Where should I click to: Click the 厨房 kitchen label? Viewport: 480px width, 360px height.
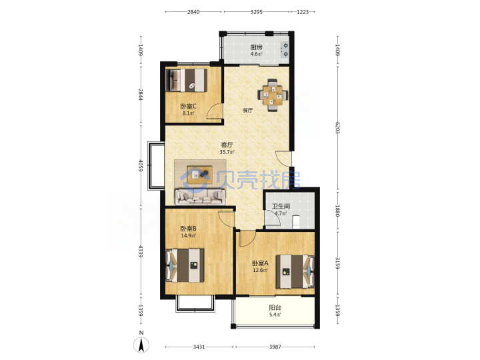[x=256, y=47]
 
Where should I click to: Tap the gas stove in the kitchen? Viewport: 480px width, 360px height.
[x=285, y=50]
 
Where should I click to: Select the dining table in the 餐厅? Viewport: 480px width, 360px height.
[x=273, y=95]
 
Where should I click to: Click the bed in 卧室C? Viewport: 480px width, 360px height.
[x=187, y=80]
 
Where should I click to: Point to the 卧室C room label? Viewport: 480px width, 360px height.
[x=188, y=107]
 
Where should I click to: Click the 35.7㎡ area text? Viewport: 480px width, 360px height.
[x=227, y=152]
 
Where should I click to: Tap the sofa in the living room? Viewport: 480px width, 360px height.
[x=199, y=197]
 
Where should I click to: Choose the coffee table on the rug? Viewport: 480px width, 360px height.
[x=200, y=175]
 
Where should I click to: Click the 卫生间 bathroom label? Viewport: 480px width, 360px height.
[x=281, y=206]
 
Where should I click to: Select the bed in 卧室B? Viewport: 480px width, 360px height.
[x=185, y=265]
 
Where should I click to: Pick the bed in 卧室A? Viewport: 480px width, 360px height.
[x=295, y=271]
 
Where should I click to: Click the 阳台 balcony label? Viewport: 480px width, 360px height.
[x=275, y=307]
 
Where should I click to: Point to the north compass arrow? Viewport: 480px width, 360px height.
[x=141, y=345]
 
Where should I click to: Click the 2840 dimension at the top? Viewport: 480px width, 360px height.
[x=193, y=12]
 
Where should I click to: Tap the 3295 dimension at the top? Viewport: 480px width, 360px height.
[x=256, y=12]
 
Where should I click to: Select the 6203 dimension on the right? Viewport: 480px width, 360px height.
[x=337, y=127]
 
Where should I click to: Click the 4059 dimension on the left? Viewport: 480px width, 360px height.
[x=141, y=165]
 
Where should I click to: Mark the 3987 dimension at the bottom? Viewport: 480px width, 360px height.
[x=275, y=347]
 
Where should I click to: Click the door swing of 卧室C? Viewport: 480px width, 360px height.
[x=214, y=111]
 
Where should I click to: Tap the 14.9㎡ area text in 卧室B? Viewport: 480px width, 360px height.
[x=188, y=235]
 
